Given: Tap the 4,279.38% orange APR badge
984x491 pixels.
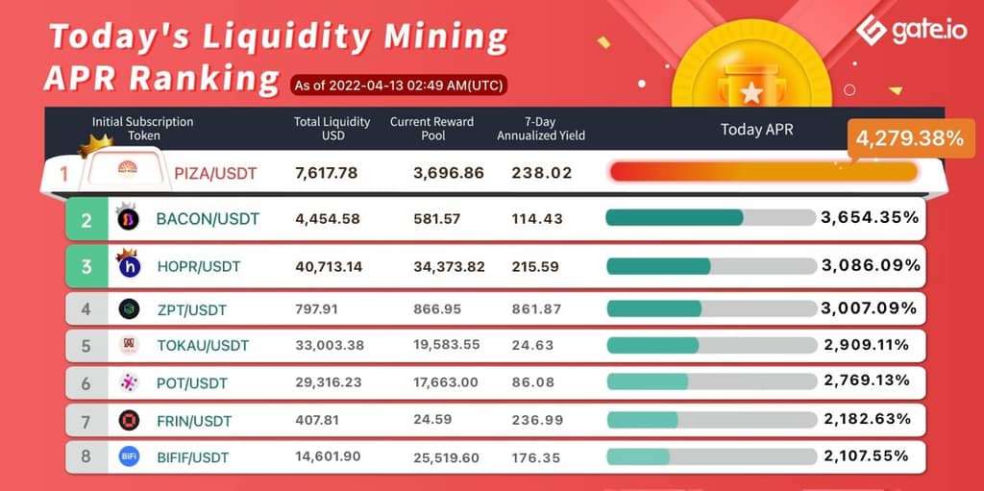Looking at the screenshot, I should tap(908, 138).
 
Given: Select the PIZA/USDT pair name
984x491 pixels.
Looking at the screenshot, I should tap(216, 173).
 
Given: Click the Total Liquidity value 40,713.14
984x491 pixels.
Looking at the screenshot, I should tap(329, 266).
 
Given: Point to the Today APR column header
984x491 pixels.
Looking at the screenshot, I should tap(757, 129).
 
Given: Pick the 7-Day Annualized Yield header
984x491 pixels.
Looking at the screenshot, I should tap(541, 129).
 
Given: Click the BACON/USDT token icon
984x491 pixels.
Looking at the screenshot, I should tap(127, 219).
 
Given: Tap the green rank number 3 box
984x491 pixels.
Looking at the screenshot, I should tap(86, 266).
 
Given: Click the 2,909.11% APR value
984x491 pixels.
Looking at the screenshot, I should tap(866, 344).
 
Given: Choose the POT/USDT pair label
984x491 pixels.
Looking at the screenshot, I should tap(192, 382).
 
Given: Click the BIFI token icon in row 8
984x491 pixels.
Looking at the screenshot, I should tap(129, 456).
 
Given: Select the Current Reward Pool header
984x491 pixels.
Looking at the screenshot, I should tap(431, 129).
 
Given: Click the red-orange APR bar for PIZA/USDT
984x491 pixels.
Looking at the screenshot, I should tap(763, 172).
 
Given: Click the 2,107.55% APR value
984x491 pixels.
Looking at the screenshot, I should tap(866, 455).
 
